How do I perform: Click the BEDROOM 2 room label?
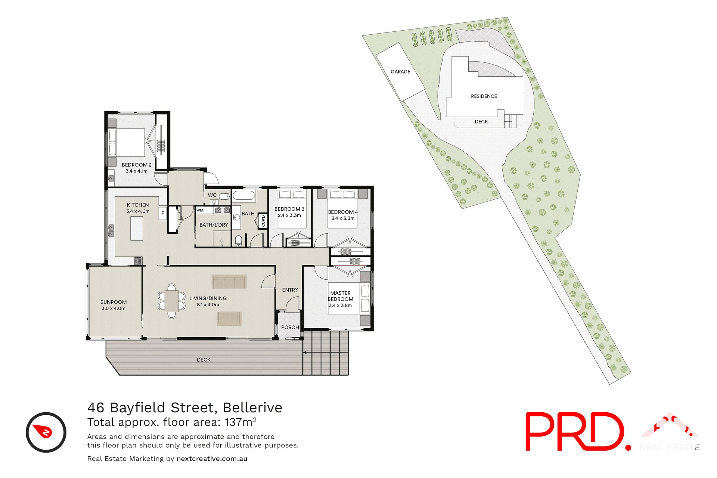[136, 165]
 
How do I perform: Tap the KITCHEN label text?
[137, 205]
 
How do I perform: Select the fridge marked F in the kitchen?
[162, 213]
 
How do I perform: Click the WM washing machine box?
[200, 210]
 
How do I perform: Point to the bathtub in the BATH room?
[244, 195]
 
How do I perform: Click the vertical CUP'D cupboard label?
[263, 221]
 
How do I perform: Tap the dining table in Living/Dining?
[172, 301]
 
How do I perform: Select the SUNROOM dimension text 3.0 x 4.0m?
[113, 308]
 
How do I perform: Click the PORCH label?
[290, 327]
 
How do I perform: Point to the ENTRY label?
[290, 290]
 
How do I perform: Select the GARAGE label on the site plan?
[400, 72]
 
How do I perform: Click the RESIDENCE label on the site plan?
[484, 96]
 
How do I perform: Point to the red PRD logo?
[577, 432]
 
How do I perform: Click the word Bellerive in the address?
[252, 407]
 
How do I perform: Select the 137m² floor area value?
[240, 422]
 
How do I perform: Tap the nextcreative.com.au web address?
[212, 459]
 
